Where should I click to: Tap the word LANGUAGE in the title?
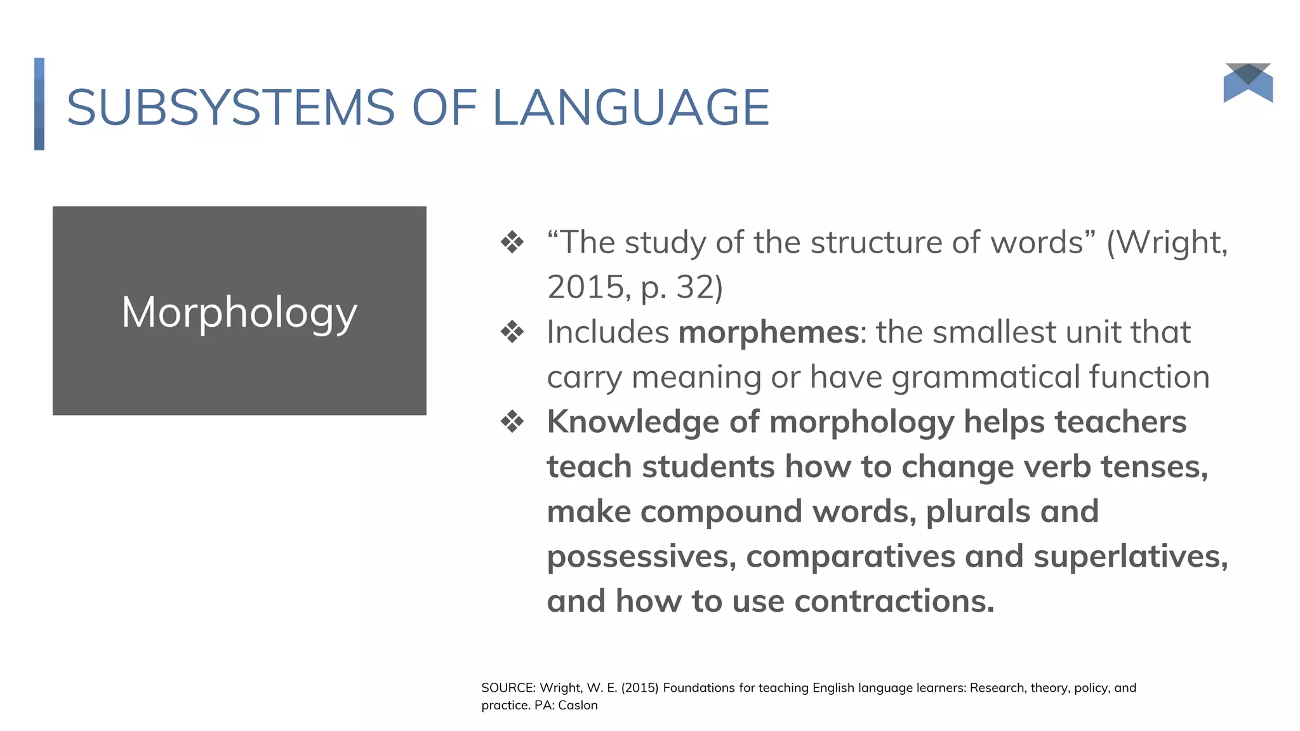tap(631, 107)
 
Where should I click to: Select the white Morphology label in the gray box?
tap(239, 312)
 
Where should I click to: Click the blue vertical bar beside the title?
tap(39, 104)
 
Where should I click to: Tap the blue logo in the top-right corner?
tap(1248, 82)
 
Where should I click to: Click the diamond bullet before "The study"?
tap(512, 242)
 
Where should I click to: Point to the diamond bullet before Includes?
tap(512, 332)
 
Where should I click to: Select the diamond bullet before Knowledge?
tap(512, 421)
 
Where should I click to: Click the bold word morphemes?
tap(769, 332)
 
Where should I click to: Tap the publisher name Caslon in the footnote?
tap(578, 705)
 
